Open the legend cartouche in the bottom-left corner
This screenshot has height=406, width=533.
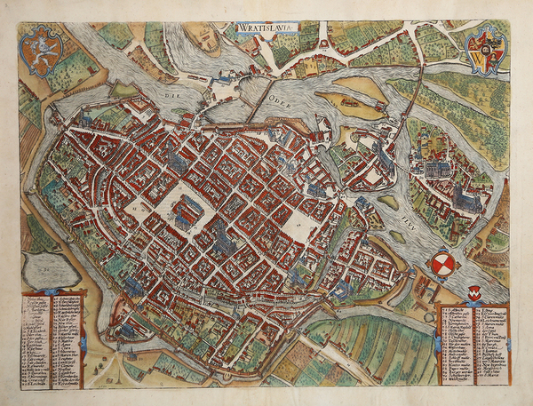tap(53, 333)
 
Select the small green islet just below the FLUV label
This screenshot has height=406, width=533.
tap(398, 237)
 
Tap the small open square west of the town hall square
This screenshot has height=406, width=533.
tap(141, 211)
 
